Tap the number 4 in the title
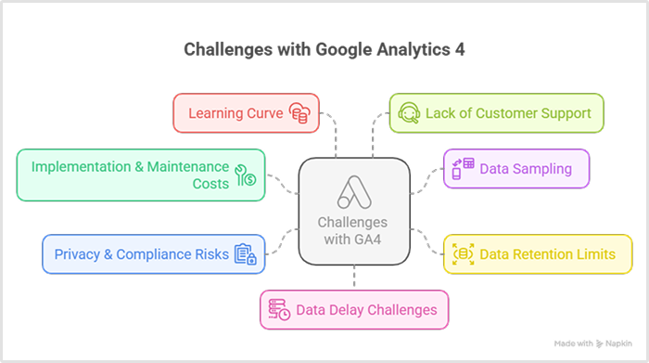(460, 50)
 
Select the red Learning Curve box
(247, 113)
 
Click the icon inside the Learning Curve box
(299, 113)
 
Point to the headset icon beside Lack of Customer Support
(409, 113)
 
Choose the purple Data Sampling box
(516, 169)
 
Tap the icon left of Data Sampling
(464, 169)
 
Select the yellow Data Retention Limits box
(538, 254)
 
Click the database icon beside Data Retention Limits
(464, 254)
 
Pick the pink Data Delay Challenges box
(354, 309)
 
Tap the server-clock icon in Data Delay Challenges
(279, 309)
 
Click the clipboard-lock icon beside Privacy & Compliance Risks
(246, 254)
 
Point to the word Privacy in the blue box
(77, 254)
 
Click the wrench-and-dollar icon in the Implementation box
(246, 175)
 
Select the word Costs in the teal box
(210, 184)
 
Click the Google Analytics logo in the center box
(354, 192)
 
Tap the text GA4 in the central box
(365, 240)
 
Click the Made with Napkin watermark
(593, 344)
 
